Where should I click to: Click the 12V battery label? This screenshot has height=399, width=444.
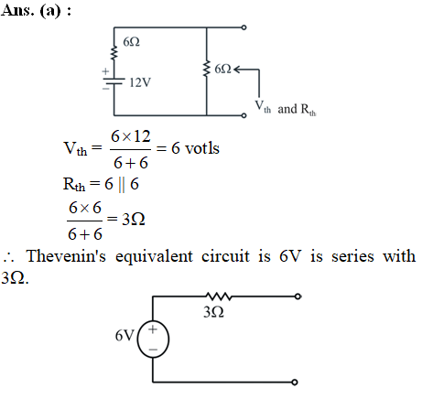pyautogui.click(x=140, y=82)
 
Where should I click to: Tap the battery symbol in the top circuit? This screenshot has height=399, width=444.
pyautogui.click(x=114, y=81)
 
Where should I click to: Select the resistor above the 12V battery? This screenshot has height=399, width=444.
pyautogui.click(x=114, y=53)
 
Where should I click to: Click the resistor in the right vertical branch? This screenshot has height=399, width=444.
pyautogui.click(x=207, y=69)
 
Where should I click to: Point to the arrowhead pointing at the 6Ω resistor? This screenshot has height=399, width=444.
pyautogui.click(x=236, y=70)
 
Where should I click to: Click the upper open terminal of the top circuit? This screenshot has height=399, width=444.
pyautogui.click(x=244, y=27)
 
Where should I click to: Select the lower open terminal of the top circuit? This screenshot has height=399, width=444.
pyautogui.click(x=244, y=115)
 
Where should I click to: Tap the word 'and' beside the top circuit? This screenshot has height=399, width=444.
pyautogui.click(x=287, y=109)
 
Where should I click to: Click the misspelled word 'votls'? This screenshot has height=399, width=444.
pyautogui.click(x=202, y=148)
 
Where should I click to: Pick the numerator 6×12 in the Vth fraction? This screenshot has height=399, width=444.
pyautogui.click(x=131, y=136)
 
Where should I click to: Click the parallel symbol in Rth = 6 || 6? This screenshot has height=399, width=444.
pyautogui.click(x=122, y=185)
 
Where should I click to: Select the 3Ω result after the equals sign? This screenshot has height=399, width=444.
pyautogui.click(x=134, y=219)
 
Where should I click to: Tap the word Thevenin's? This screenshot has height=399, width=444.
pyautogui.click(x=66, y=255)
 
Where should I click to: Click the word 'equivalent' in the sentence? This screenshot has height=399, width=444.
pyautogui.click(x=154, y=257)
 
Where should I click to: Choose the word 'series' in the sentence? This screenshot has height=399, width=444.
pyautogui.click(x=352, y=256)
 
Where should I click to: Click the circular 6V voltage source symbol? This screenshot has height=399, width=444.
pyautogui.click(x=153, y=339)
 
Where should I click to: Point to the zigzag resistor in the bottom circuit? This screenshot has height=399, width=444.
pyautogui.click(x=219, y=296)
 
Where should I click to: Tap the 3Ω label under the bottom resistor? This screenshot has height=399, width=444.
pyautogui.click(x=214, y=312)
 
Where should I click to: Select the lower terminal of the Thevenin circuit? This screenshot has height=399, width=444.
pyautogui.click(x=295, y=383)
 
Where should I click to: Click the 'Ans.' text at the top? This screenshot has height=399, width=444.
pyautogui.click(x=17, y=10)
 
